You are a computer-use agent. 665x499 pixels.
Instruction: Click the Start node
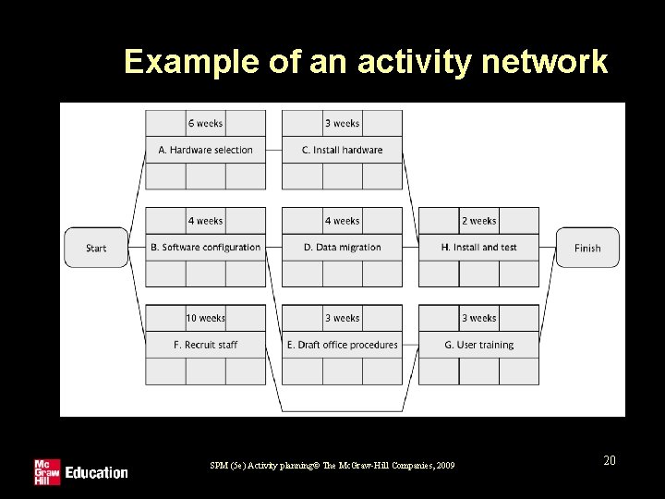click(x=96, y=248)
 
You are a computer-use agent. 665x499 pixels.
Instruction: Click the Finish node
click(x=587, y=248)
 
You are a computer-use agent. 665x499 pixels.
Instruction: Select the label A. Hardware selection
click(x=205, y=150)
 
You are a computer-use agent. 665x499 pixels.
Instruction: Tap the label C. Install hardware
click(x=342, y=150)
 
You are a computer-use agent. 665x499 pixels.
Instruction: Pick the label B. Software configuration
click(x=205, y=247)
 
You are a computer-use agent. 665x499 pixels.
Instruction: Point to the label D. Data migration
click(x=342, y=247)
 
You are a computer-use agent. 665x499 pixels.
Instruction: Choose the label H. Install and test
click(x=478, y=247)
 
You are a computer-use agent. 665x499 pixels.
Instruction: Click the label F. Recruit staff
click(x=205, y=345)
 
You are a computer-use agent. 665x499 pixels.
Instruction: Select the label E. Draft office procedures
click(x=342, y=345)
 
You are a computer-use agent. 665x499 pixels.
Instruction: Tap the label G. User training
click(x=478, y=345)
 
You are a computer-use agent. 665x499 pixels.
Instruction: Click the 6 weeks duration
click(x=205, y=123)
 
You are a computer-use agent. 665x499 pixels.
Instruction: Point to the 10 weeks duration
click(x=205, y=318)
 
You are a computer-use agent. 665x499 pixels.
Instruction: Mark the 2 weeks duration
click(x=478, y=221)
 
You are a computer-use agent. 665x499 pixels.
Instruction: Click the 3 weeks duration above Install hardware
click(x=342, y=123)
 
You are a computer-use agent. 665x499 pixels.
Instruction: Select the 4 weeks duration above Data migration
click(x=342, y=221)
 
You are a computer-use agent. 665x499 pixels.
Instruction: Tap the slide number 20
click(x=609, y=459)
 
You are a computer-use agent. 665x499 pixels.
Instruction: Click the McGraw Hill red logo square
click(x=46, y=471)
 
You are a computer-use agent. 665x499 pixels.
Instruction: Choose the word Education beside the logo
click(x=96, y=472)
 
